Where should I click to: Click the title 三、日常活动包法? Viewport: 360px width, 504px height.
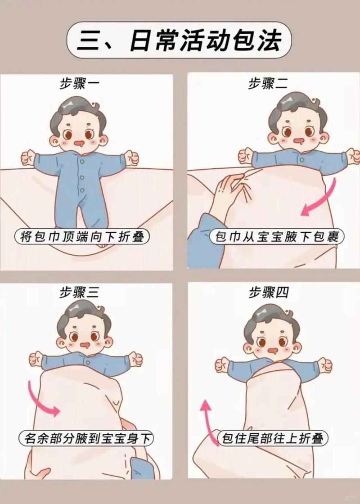pyautogui.click(x=180, y=40)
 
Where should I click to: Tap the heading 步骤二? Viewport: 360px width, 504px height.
pyautogui.click(x=269, y=84)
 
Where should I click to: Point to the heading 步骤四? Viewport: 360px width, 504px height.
pyautogui.click(x=269, y=293)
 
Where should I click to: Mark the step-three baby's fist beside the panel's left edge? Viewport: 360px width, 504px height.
pyautogui.click(x=36, y=359)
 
